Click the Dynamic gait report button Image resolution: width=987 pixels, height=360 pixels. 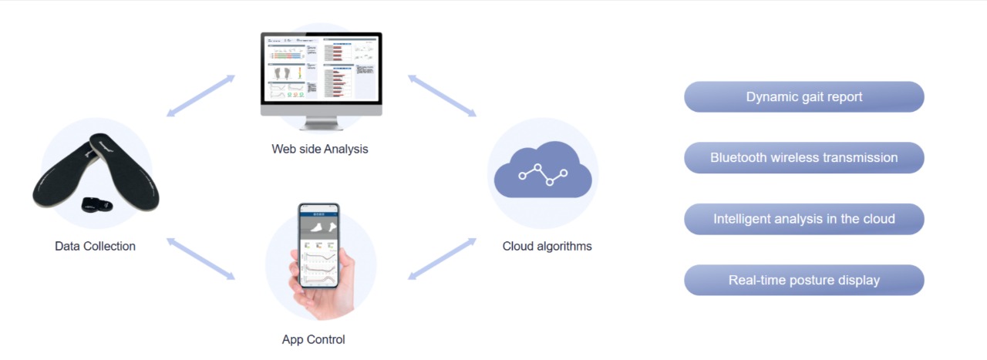(x=803, y=97)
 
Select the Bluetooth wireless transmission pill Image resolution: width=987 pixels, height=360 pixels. (x=803, y=158)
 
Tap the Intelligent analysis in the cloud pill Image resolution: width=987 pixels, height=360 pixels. (x=803, y=219)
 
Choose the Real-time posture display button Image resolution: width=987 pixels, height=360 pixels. (x=803, y=280)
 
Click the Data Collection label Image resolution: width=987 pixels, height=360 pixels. (x=95, y=247)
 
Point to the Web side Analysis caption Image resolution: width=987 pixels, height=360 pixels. (x=319, y=149)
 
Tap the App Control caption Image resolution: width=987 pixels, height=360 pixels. (x=313, y=339)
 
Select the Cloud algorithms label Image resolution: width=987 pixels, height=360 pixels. (x=547, y=247)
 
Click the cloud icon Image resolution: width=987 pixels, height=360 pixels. (x=543, y=173)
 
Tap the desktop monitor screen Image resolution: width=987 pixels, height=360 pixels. (x=321, y=71)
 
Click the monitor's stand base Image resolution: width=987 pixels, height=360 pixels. (x=321, y=126)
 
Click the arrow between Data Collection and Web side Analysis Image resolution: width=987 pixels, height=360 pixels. (x=200, y=96)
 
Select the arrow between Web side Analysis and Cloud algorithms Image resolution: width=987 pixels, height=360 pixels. (x=442, y=96)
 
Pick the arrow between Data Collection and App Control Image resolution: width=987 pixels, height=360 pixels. (x=200, y=258)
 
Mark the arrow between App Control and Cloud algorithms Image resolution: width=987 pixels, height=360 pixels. (x=442, y=258)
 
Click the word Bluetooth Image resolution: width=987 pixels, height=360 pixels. (x=738, y=158)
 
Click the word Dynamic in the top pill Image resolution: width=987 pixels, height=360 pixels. (x=771, y=97)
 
